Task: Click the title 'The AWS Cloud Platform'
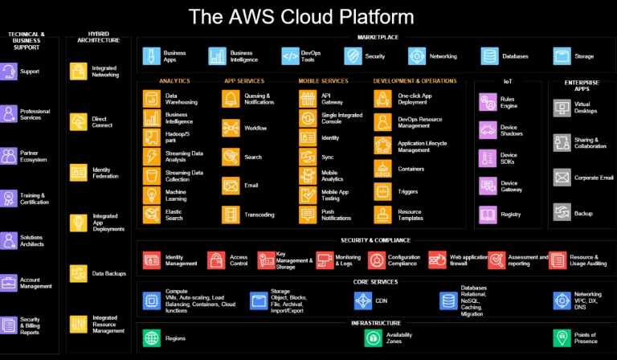coord(301,17)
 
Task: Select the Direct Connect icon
coord(79,121)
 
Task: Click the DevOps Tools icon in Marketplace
coord(289,55)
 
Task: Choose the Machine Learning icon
coord(152,194)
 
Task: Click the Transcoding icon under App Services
coord(231,214)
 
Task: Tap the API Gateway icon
coord(308,98)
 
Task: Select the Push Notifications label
coord(336,214)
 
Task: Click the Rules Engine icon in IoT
coord(487,102)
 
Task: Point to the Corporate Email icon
coord(562,177)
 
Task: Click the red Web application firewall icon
coord(437,260)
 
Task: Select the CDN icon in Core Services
coord(362,301)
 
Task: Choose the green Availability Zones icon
coord(373,338)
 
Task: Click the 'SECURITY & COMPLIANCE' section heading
coord(376,239)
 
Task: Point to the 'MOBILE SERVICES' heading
coord(323,81)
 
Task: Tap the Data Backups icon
coord(79,273)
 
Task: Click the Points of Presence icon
coord(562,337)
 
